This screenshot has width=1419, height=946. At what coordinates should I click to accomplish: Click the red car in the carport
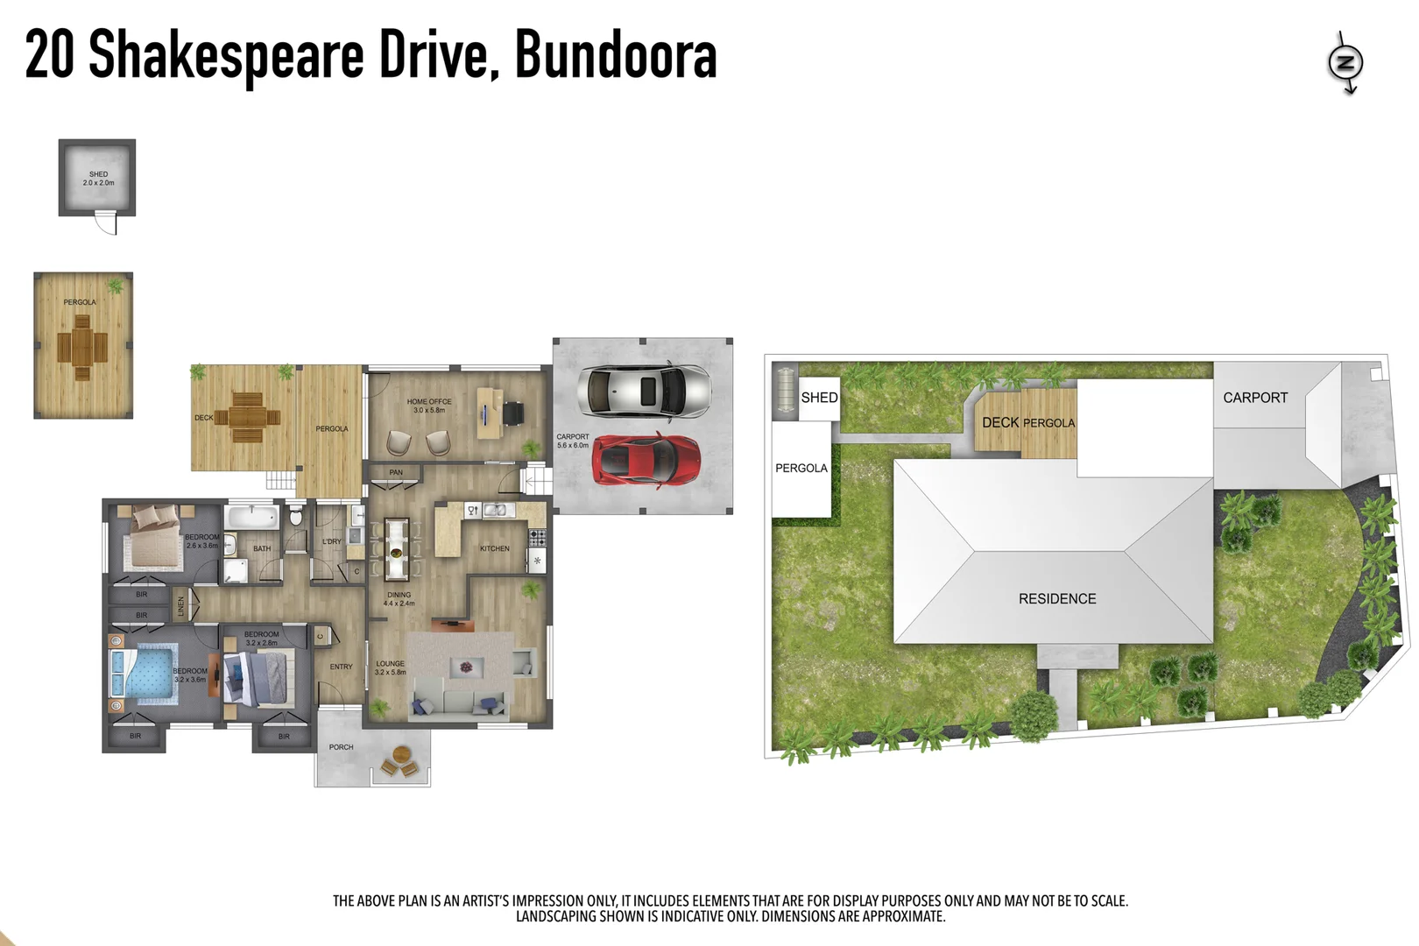646,459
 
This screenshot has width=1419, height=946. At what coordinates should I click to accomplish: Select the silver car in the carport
644,391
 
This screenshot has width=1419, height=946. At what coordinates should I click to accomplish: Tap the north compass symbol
1345,62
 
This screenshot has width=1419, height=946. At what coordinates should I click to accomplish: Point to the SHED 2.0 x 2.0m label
98,179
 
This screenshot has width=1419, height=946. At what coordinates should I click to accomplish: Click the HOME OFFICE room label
429,406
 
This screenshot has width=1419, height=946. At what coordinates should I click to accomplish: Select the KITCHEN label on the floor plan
494,549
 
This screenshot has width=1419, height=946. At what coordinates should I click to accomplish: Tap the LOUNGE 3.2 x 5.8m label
391,667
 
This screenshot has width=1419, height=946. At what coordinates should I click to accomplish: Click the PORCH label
341,747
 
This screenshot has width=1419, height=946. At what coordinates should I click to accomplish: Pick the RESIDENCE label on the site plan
1057,599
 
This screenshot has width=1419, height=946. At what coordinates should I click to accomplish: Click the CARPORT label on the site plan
1255,398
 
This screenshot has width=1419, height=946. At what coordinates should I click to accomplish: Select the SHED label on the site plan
819,398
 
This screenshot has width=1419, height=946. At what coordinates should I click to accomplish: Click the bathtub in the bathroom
252,516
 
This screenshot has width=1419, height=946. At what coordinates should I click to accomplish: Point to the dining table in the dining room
397,549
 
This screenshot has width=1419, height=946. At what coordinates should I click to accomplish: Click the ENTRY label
341,667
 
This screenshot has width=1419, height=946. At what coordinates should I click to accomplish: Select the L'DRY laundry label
331,541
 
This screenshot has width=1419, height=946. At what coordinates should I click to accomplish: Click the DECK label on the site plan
999,422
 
